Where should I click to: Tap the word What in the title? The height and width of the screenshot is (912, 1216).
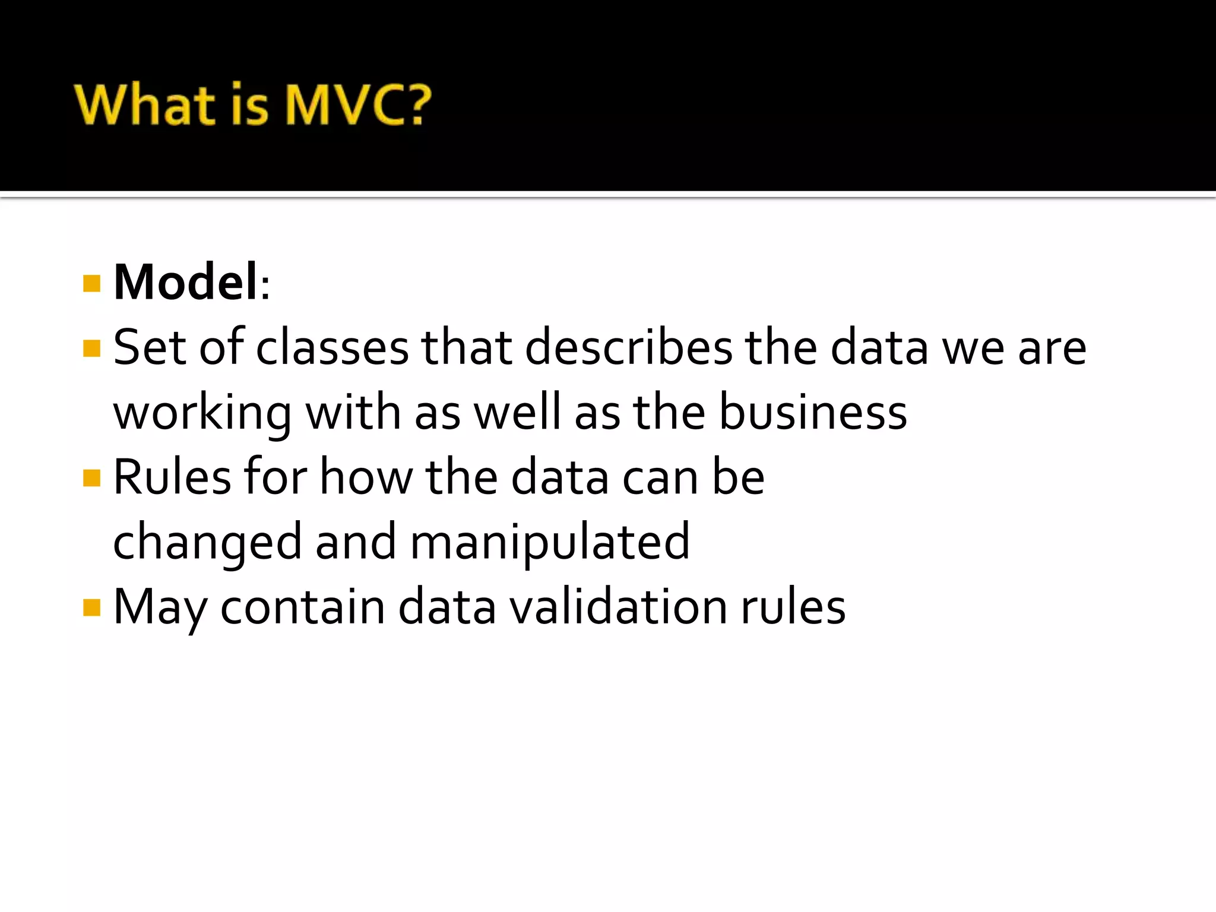(145, 105)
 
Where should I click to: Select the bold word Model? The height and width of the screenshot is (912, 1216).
(186, 283)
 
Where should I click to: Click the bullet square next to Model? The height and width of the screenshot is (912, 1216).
(92, 284)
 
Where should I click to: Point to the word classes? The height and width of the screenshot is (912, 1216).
(332, 348)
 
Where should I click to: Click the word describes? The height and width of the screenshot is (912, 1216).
(629, 348)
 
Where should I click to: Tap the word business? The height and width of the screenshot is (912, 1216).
(813, 413)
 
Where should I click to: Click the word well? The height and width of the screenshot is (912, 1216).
(517, 413)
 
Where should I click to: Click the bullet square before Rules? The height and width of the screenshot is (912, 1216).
(92, 478)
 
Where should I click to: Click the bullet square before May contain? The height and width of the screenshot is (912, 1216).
(92, 608)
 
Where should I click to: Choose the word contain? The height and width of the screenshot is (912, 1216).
(303, 607)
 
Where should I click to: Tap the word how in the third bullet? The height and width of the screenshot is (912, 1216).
(366, 477)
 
